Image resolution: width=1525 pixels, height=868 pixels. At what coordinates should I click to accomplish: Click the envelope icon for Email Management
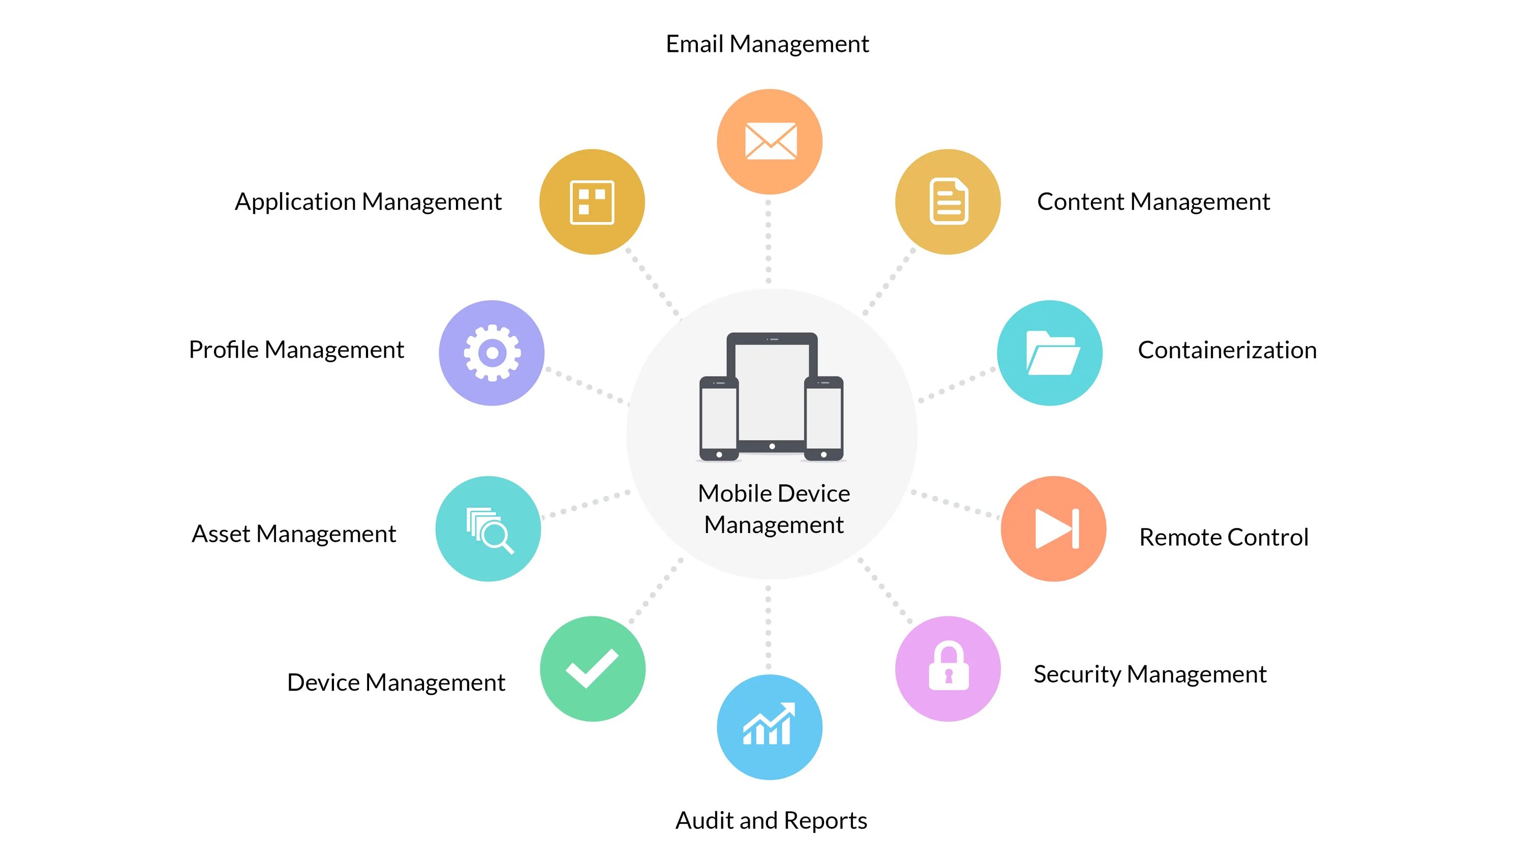pos(770,141)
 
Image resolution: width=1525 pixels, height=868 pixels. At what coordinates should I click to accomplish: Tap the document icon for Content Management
pos(948,201)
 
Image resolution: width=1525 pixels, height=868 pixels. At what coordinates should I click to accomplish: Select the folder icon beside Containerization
pos(1052,353)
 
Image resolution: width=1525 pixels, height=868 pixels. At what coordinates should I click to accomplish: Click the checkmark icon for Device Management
pos(592,668)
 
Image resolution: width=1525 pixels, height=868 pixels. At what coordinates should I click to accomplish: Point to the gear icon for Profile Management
pos(492,353)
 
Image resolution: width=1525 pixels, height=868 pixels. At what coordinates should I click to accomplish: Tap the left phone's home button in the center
pos(719,454)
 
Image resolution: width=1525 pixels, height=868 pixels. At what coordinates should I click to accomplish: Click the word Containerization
pos(1227,350)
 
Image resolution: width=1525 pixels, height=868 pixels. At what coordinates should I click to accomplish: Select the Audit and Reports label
pos(771,821)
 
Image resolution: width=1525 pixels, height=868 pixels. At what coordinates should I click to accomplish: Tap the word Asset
pos(221,534)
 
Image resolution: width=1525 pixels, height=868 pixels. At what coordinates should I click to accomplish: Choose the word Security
pos(1077,675)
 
